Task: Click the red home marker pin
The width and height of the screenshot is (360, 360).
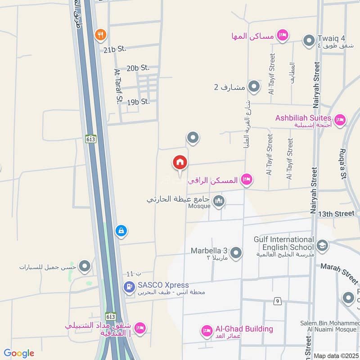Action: tap(180, 163)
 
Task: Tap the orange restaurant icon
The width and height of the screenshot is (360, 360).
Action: tap(100, 34)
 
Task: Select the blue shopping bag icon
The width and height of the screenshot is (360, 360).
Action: tap(120, 231)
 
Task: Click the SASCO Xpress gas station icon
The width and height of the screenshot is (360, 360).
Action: tap(130, 286)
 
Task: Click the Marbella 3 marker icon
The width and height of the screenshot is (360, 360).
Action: tap(236, 253)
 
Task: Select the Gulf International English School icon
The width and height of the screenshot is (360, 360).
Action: tap(322, 246)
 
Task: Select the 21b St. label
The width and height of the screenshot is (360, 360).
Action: tap(115, 49)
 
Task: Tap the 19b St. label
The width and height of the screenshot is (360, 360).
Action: tap(138, 102)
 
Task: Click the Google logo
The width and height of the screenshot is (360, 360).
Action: tap(19, 354)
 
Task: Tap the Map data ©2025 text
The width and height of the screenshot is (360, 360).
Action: tap(335, 356)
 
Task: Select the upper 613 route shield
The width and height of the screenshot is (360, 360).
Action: tap(89, 139)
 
